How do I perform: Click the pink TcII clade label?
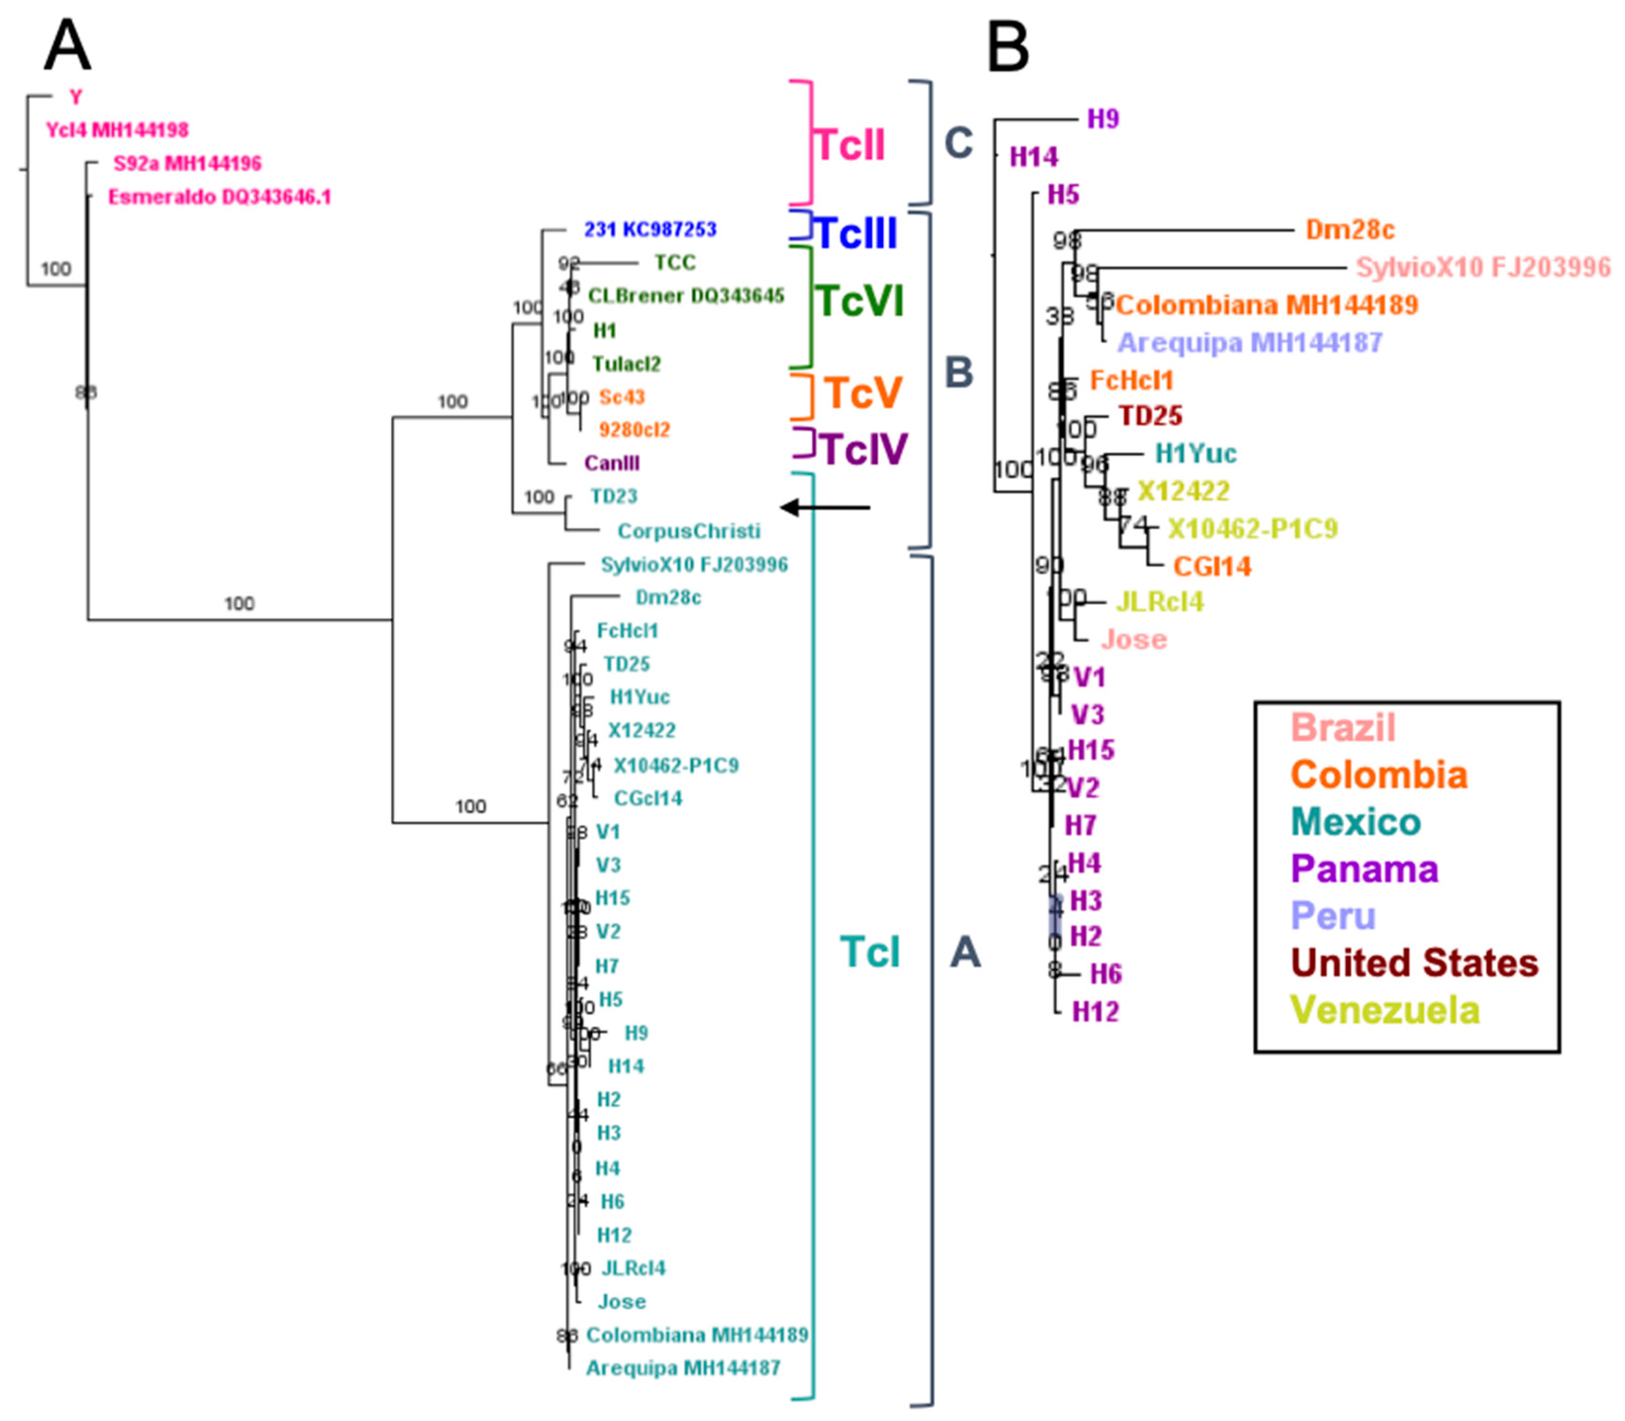click(850, 146)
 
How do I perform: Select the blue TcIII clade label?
click(856, 233)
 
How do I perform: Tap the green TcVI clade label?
click(860, 301)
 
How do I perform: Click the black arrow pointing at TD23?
click(824, 507)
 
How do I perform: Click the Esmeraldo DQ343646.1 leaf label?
click(220, 197)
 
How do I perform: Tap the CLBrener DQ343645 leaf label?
click(685, 296)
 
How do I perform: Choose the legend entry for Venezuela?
click(1385, 1010)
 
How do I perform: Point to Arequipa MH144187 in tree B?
click(1250, 343)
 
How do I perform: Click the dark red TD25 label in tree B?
click(1150, 416)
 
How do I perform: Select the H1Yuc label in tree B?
click(1195, 454)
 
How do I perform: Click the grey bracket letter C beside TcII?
click(958, 144)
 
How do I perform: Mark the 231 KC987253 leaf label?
click(650, 229)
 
